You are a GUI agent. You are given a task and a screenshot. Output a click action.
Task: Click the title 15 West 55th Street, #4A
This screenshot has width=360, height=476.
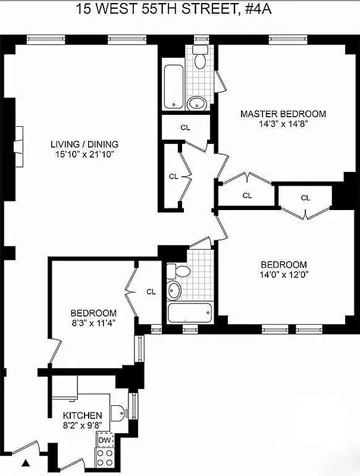tap(180, 9)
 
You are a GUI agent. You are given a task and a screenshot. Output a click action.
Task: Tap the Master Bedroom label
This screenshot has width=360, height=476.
tap(283, 114)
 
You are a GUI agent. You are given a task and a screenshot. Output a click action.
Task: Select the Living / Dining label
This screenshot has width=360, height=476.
tap(84, 144)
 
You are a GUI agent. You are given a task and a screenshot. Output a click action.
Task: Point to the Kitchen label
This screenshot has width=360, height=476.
tap(83, 415)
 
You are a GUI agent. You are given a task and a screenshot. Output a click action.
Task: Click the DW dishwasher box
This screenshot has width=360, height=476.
tap(105, 440)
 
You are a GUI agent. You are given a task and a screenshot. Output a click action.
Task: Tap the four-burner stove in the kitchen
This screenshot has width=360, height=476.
tap(105, 457)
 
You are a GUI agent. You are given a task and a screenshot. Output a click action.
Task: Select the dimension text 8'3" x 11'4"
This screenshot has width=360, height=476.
tap(93, 324)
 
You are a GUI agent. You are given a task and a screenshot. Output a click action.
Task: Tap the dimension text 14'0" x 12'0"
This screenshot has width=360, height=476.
tap(283, 275)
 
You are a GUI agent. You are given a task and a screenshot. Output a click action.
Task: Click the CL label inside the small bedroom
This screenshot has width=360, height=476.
tap(151, 292)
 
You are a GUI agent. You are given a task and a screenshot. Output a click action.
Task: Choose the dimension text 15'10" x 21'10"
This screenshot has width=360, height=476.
tap(84, 154)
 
